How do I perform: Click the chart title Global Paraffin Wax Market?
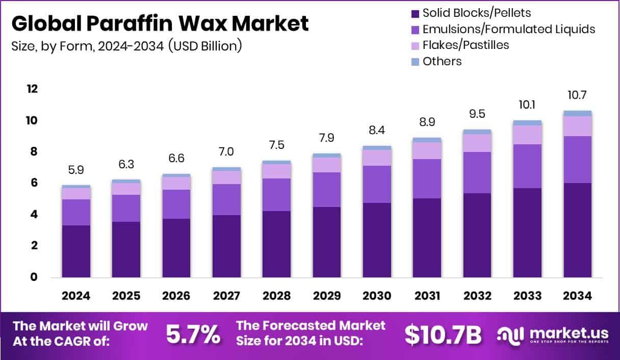point(160,23)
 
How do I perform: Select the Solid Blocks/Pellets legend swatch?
point(415,13)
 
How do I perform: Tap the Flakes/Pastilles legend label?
point(466,45)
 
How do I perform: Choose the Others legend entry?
point(442,61)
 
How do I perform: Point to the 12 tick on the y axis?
point(32,89)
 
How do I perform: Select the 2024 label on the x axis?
point(76,296)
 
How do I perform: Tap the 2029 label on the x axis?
point(327,296)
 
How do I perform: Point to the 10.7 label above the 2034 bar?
point(578,95)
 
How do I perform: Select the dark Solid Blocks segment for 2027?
point(226,246)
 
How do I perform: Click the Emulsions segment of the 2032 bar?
point(477,172)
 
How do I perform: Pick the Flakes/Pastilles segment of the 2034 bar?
point(578,126)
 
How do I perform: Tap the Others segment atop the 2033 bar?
point(527,123)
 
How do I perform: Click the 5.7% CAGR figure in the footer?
point(193,334)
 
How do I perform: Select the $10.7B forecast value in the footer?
point(443,334)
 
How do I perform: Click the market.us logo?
point(553,335)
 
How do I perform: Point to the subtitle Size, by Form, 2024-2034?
point(126,46)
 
